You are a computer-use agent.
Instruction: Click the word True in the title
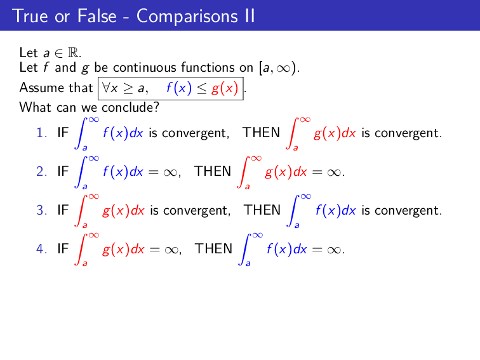[x=30, y=16]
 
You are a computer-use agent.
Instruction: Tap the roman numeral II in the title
[x=248, y=16]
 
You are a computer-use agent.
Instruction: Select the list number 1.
[x=41, y=133]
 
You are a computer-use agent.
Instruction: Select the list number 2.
[x=41, y=171]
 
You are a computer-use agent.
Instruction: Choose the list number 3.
[x=41, y=210]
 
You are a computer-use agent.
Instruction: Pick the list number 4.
[x=41, y=249]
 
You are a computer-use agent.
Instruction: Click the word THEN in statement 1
[x=261, y=133]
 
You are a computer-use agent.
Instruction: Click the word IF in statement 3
[x=63, y=210]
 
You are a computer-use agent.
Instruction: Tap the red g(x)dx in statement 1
[x=335, y=133]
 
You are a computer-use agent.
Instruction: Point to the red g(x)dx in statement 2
[x=286, y=171]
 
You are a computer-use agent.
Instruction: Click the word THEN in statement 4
[x=213, y=249]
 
